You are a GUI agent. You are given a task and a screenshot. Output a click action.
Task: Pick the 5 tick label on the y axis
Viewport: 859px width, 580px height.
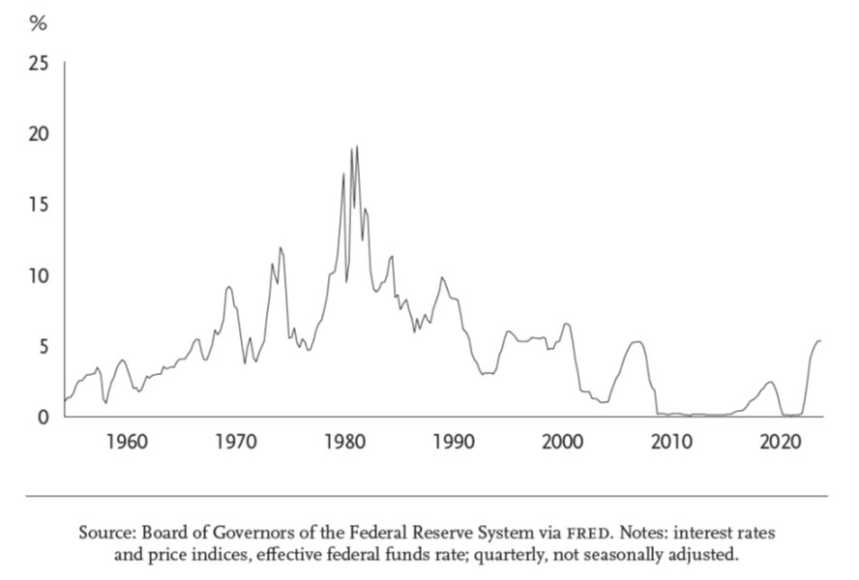(41, 346)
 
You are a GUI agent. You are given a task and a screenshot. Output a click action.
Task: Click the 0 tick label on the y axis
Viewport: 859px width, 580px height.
(41, 417)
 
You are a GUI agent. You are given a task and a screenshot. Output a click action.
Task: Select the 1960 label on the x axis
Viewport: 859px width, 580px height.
(127, 443)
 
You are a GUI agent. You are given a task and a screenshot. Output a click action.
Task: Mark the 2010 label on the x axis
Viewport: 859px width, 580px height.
(668, 443)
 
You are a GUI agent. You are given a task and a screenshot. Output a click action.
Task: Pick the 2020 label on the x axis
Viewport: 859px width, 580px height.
(775, 443)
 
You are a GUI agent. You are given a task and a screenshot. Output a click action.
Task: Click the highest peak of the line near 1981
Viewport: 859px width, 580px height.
(357, 147)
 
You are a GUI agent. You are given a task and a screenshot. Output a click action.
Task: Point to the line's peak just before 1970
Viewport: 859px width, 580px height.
(228, 287)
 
